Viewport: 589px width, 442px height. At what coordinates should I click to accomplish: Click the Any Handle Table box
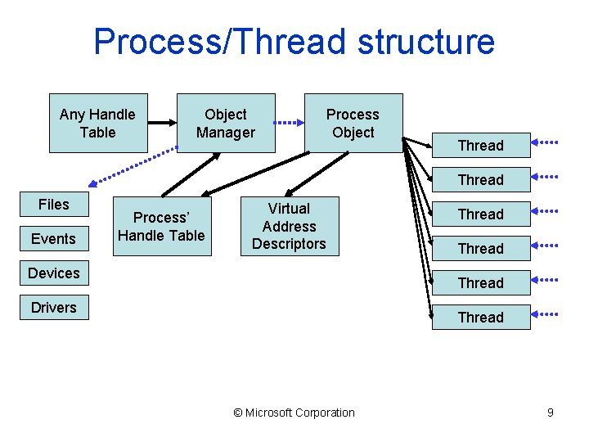(x=98, y=124)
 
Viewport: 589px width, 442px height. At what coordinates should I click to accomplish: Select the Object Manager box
(x=225, y=124)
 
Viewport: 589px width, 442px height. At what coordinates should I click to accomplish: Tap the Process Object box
(x=353, y=124)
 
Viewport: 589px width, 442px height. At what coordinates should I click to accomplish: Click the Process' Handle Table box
(x=161, y=227)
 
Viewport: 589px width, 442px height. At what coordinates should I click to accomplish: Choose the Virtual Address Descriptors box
(x=289, y=226)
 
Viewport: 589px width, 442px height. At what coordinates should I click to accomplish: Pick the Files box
(x=53, y=205)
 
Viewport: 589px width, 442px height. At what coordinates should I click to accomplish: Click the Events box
(x=53, y=239)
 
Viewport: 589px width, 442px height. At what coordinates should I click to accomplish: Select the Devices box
(x=53, y=273)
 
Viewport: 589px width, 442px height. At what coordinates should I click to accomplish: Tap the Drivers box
(x=53, y=308)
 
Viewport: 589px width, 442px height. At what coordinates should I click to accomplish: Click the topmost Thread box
(x=480, y=146)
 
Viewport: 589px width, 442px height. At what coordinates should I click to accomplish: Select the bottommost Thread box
(x=480, y=317)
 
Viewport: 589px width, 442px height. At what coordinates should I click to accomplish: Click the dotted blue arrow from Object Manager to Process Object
(x=287, y=124)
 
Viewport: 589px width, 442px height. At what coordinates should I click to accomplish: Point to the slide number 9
(x=551, y=413)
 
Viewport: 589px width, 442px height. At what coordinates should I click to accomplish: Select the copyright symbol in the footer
(x=238, y=413)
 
